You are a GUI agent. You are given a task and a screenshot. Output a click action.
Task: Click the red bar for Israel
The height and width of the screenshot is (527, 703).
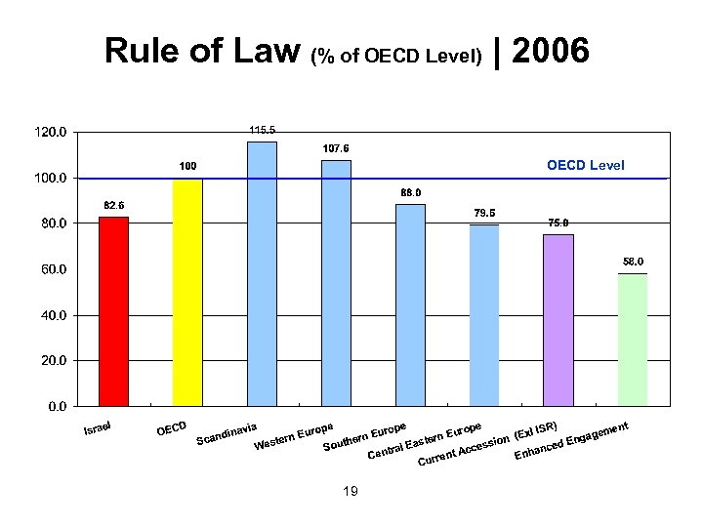pyautogui.click(x=114, y=310)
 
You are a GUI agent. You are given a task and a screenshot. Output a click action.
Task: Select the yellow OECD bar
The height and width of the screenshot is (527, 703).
pyautogui.click(x=187, y=292)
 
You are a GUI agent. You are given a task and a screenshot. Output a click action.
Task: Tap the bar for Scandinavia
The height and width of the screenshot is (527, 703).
pyautogui.click(x=262, y=273)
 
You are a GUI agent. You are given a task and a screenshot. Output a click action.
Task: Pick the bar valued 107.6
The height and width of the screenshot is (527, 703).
pyautogui.click(x=336, y=282)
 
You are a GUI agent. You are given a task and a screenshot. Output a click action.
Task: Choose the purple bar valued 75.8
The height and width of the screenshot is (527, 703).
pyautogui.click(x=558, y=319)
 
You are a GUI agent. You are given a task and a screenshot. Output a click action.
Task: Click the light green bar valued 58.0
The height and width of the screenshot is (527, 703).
pyautogui.click(x=633, y=339)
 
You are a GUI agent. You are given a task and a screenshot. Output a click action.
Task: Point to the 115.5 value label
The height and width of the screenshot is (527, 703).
pyautogui.click(x=263, y=130)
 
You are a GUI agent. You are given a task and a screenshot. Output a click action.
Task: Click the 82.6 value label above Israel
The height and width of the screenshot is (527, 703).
pyautogui.click(x=114, y=205)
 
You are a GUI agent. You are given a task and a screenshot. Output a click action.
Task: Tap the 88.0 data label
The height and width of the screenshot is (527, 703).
pyautogui.click(x=410, y=192)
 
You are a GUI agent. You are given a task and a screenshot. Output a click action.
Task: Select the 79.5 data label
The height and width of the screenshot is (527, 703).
pyautogui.click(x=483, y=213)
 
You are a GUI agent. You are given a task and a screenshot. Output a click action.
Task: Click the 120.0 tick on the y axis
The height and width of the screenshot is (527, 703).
pyautogui.click(x=51, y=132)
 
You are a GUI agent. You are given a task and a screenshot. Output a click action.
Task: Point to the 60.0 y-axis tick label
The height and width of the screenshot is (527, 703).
pyautogui.click(x=51, y=269)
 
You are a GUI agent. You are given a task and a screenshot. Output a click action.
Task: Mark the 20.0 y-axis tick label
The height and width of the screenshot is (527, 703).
pyautogui.click(x=51, y=360)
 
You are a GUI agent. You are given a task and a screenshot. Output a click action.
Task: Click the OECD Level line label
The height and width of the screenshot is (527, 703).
pyautogui.click(x=586, y=164)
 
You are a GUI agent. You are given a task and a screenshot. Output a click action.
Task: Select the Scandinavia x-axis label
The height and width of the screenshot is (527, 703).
pyautogui.click(x=227, y=434)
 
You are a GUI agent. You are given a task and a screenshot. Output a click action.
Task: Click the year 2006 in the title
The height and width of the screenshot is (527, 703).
pyautogui.click(x=550, y=51)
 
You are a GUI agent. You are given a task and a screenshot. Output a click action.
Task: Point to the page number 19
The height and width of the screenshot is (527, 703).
pyautogui.click(x=351, y=490)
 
